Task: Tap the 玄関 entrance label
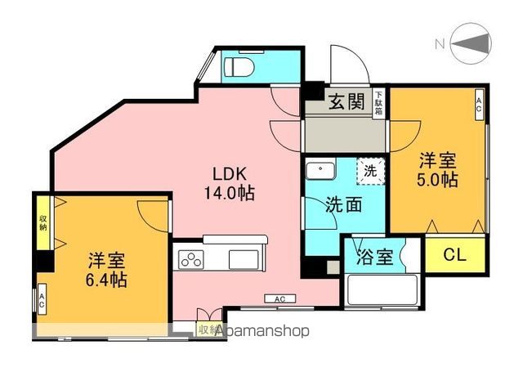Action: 347,102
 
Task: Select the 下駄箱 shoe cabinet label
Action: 378,105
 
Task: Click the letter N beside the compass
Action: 438,43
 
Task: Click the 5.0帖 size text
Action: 439,179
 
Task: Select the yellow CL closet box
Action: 454,255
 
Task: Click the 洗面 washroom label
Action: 343,204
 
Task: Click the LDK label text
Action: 230,174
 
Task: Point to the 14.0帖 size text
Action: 230,195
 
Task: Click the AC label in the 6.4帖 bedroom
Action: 42,299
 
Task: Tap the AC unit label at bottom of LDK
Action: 279,299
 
